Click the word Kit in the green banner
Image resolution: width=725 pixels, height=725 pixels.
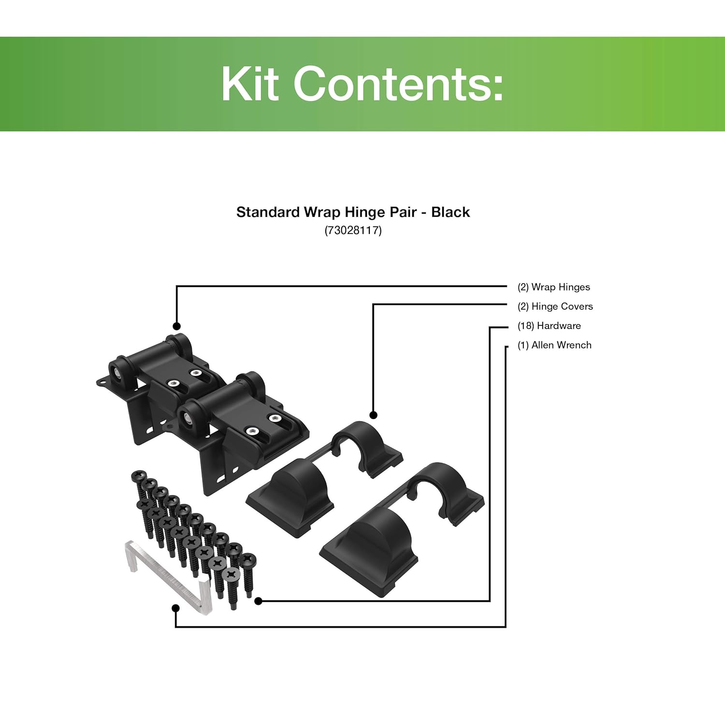tap(250, 84)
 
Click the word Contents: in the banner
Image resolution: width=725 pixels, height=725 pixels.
tap(398, 84)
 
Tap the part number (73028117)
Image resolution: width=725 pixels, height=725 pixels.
tap(353, 230)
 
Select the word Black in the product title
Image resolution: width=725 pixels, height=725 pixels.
tap(450, 212)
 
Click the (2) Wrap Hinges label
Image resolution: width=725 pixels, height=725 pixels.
tap(553, 287)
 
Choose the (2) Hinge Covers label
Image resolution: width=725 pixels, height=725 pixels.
tap(555, 306)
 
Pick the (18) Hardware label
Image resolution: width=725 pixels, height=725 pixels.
tap(549, 326)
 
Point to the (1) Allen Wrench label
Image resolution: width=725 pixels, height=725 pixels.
tap(554, 345)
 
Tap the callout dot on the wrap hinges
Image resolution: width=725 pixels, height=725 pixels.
tap(177, 326)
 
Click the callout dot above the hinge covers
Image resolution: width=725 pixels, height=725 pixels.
tap(373, 415)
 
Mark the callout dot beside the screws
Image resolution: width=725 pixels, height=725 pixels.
tap(258, 601)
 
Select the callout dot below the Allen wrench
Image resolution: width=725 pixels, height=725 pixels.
tap(176, 608)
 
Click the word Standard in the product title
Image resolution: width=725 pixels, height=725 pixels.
tap(268, 212)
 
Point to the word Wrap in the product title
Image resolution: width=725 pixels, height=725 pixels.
tap(322, 212)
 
